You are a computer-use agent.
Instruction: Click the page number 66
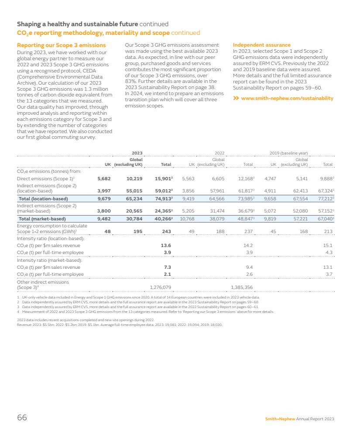(22, 418)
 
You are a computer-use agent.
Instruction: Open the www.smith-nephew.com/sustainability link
(287, 98)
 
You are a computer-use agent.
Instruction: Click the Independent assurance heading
(261, 45)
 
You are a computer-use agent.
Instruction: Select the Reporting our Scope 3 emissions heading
(61, 45)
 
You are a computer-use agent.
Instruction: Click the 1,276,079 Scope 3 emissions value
(160, 287)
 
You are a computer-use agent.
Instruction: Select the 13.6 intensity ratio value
(166, 245)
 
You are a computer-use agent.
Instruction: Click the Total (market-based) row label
(42, 219)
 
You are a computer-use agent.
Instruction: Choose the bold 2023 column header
(137, 153)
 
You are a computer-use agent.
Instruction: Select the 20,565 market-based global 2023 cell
(134, 211)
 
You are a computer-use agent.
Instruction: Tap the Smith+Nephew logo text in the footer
(280, 419)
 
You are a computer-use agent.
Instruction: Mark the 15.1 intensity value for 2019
(328, 245)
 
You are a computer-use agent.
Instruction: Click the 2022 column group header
(219, 153)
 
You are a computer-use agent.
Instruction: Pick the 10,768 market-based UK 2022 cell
(187, 219)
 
